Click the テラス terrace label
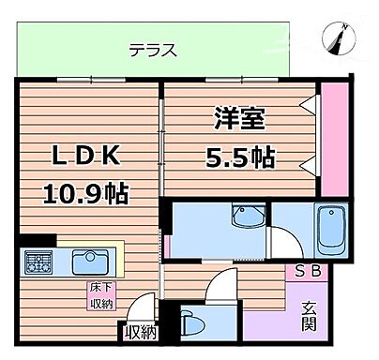(x=152, y=50)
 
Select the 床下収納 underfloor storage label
(x=100, y=294)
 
